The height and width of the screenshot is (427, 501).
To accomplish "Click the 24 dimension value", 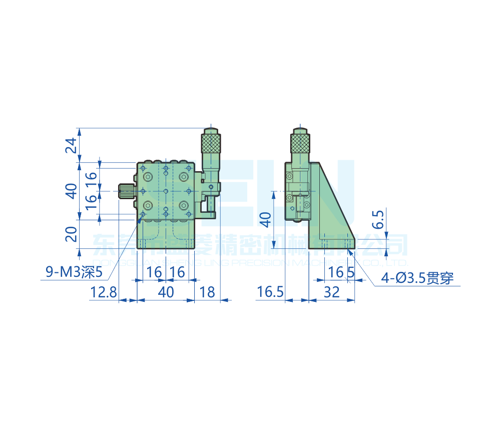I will (72, 145).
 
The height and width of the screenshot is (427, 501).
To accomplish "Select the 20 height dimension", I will (72, 234).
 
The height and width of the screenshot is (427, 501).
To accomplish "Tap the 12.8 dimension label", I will (103, 292).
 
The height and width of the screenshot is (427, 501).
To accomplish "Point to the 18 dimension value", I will (207, 292).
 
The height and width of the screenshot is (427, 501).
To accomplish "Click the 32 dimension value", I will (331, 292).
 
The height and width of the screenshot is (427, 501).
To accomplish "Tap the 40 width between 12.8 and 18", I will (166, 292).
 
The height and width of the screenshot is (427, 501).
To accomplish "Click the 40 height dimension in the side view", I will (266, 219).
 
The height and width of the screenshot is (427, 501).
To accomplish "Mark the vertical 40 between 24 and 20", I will (72, 191).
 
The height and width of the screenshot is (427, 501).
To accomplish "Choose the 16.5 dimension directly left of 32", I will (270, 292).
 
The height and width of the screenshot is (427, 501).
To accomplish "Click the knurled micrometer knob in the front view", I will (211, 143).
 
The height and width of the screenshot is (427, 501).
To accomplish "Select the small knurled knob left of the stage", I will (126, 191).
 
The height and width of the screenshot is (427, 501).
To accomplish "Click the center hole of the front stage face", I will (166, 191).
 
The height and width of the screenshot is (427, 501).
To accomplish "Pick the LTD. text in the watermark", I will (398, 263).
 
